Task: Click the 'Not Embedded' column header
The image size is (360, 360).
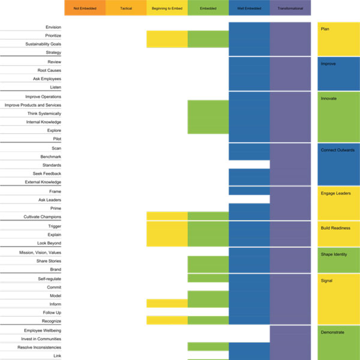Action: pyautogui.click(x=85, y=8)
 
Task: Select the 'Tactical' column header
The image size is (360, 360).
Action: pyautogui.click(x=125, y=8)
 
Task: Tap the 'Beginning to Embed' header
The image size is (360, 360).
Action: pyautogui.click(x=167, y=8)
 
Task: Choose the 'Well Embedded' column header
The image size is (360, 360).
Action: pyautogui.click(x=249, y=8)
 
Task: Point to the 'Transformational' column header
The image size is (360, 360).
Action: pyautogui.click(x=290, y=8)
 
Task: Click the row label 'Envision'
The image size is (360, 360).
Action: pyautogui.click(x=53, y=27)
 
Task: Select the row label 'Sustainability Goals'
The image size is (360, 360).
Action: pyautogui.click(x=43, y=44)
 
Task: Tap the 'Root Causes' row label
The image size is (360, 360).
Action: pyautogui.click(x=49, y=70)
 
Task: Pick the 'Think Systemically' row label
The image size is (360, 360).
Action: pyautogui.click(x=44, y=113)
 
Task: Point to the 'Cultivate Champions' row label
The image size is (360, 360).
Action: pyautogui.click(x=42, y=217)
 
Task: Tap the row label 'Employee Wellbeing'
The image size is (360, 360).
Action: pyautogui.click(x=42, y=331)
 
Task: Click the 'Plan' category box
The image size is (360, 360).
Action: pyautogui.click(x=338, y=38)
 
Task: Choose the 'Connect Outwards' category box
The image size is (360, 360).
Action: pyautogui.click(x=338, y=164)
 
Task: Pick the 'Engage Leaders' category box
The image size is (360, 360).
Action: pyautogui.click(x=338, y=203)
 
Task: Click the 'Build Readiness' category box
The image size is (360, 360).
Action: pyautogui.click(x=338, y=233)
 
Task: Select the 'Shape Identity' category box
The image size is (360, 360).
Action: pyautogui.click(x=338, y=260)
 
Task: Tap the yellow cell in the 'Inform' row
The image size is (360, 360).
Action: pyautogui.click(x=167, y=304)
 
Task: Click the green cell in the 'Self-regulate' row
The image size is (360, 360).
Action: pyautogui.click(x=208, y=278)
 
